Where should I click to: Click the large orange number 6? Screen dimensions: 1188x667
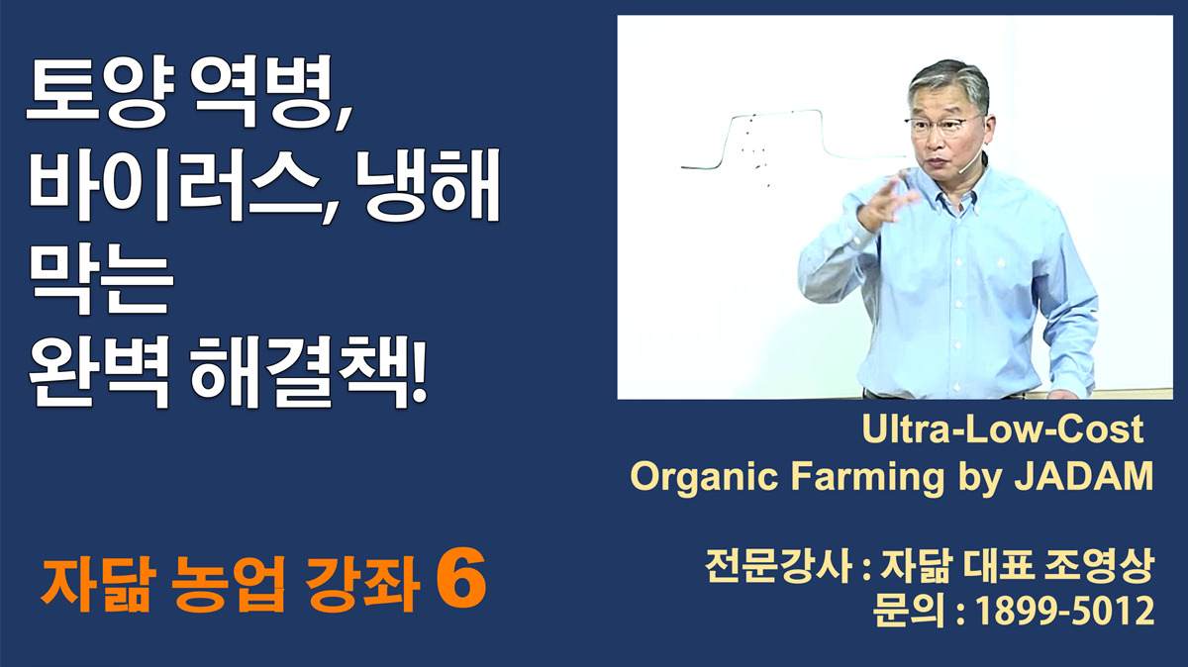point(461,580)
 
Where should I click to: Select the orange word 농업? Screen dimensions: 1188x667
point(229,584)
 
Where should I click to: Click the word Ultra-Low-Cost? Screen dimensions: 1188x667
point(1002,429)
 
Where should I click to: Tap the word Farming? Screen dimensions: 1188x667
point(867,476)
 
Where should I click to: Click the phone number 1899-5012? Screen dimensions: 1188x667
point(1065,612)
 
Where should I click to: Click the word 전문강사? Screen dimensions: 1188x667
point(778,567)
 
